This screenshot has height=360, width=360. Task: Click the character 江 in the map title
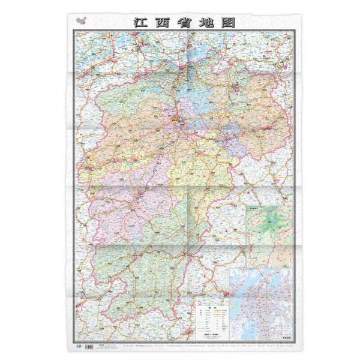pyautogui.click(x=139, y=22)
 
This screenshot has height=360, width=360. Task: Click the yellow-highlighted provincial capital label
pyautogui.click(x=176, y=119)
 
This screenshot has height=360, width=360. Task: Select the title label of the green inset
pyautogui.click(x=257, y=210)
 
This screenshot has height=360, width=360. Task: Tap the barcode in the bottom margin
pyautogui.click(x=91, y=346)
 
